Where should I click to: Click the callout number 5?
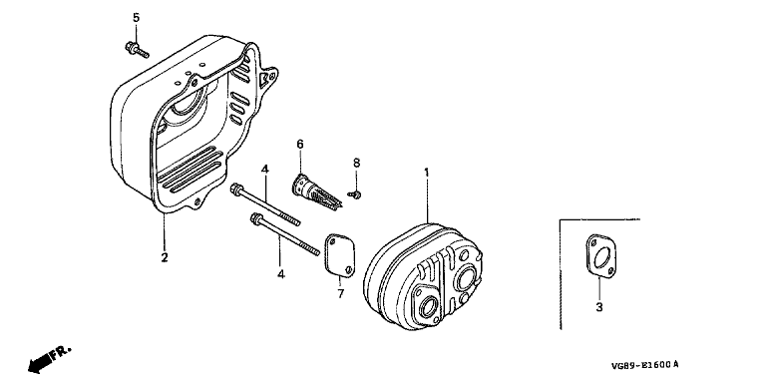click(136, 18)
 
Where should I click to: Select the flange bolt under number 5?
click(137, 49)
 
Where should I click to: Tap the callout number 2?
click(165, 257)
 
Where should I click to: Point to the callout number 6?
click(300, 144)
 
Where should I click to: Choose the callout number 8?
click(356, 163)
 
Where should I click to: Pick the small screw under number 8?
click(354, 194)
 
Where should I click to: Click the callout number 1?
click(427, 173)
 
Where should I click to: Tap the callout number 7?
click(340, 293)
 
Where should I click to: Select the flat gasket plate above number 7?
click(339, 255)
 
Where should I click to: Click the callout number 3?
click(599, 307)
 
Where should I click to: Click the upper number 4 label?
click(264, 170)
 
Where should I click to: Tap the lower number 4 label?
click(281, 274)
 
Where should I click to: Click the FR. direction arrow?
click(50, 359)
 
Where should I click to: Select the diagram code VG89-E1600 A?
click(644, 365)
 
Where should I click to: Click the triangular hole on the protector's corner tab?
click(266, 77)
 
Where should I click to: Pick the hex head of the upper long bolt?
click(236, 189)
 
